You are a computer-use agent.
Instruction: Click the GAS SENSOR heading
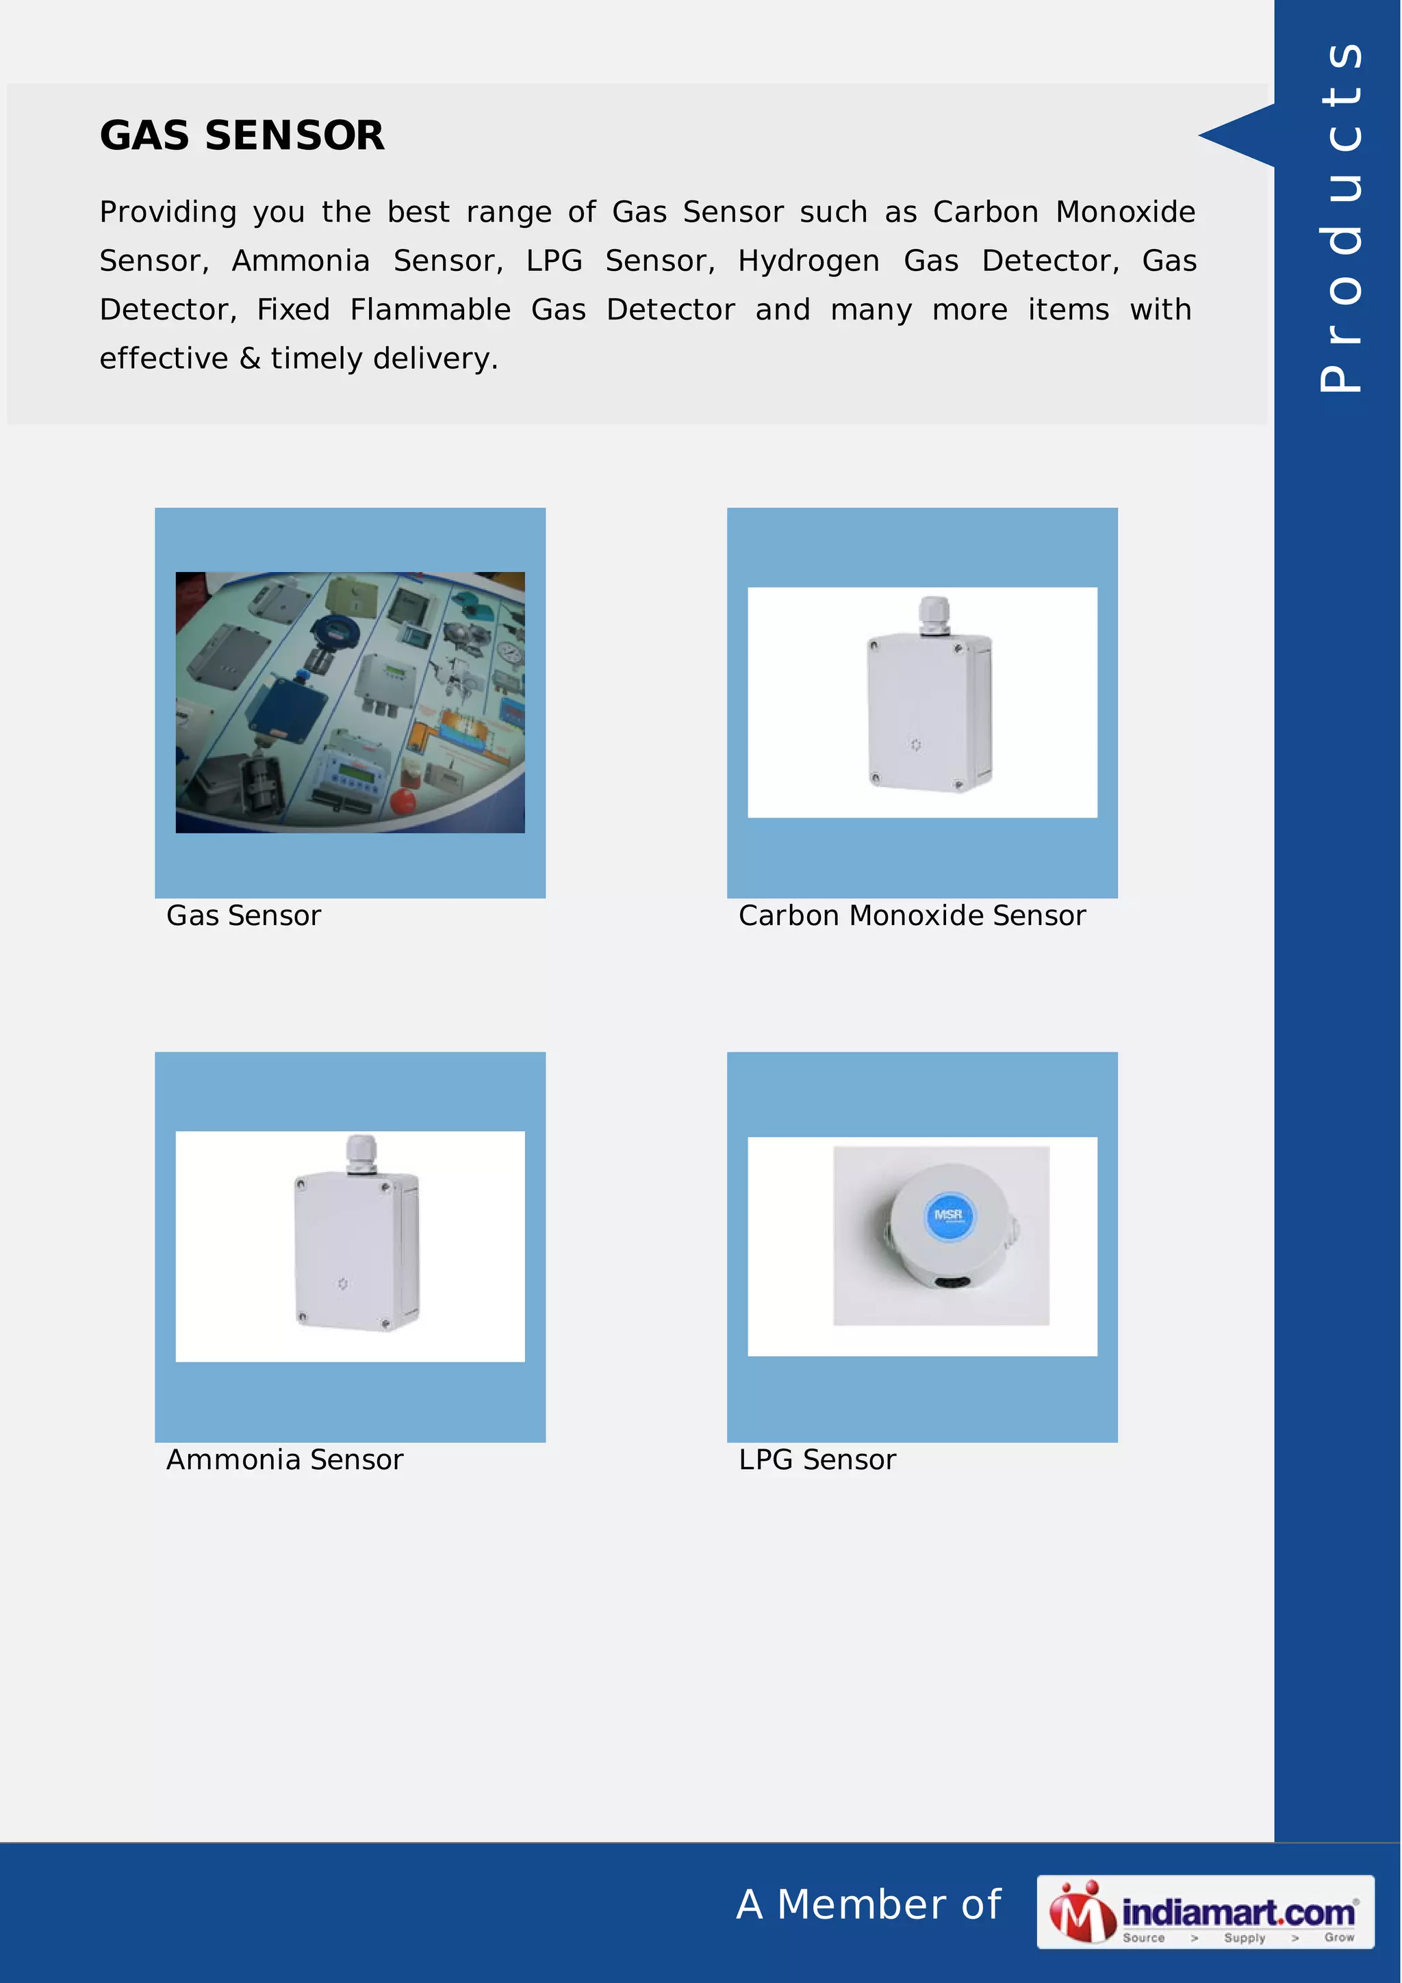point(242,135)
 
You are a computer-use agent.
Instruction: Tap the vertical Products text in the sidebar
point(1340,216)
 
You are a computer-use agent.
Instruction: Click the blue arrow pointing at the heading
point(1237,135)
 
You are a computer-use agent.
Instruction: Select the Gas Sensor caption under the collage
point(244,916)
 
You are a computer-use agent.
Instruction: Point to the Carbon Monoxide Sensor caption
point(911,916)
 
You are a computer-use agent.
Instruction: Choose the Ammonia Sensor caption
point(284,1460)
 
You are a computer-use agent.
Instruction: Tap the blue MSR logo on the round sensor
point(949,1215)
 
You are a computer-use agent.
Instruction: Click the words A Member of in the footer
point(868,1904)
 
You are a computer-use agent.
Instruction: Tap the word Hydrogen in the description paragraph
point(808,261)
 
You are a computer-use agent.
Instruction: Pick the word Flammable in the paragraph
point(430,310)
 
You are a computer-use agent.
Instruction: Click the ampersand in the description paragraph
point(250,359)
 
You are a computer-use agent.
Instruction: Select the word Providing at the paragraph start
point(168,212)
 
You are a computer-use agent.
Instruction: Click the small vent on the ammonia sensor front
point(342,1284)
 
